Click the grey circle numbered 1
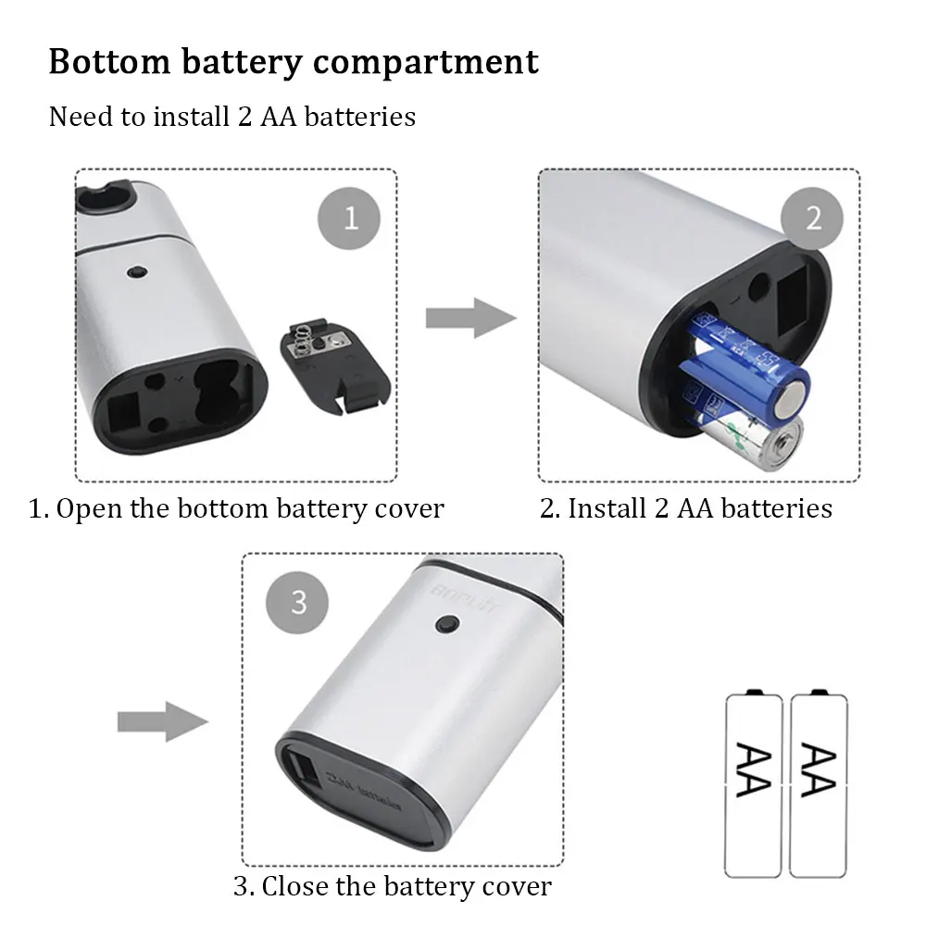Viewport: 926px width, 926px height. (x=350, y=219)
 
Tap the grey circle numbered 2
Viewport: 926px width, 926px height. (x=813, y=219)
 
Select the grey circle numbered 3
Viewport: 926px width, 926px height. (x=298, y=602)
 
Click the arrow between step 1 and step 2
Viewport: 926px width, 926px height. (x=470, y=318)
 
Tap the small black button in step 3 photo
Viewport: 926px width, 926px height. (x=446, y=627)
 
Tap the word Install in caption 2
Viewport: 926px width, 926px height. (x=607, y=508)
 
